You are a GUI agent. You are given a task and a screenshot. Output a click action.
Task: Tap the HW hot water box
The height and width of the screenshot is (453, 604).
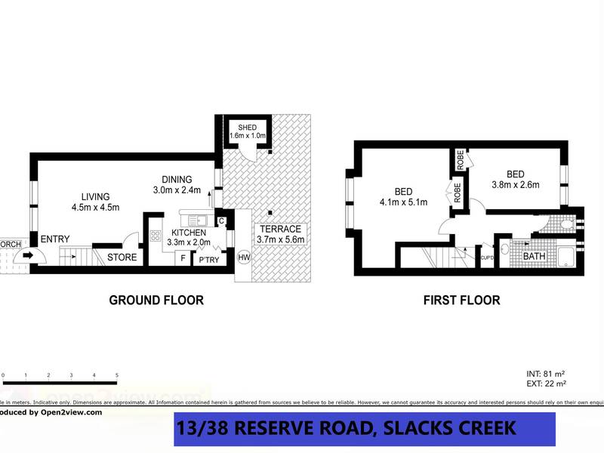[244, 258]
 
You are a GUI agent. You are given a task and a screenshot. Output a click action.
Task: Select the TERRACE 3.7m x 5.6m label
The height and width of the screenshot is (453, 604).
[280, 234]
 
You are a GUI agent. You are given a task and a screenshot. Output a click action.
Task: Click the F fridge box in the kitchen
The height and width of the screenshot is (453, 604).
[181, 258]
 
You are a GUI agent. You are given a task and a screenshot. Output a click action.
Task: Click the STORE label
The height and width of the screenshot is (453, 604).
[122, 257]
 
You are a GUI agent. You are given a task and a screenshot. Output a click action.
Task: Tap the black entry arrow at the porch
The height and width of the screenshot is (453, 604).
[28, 255]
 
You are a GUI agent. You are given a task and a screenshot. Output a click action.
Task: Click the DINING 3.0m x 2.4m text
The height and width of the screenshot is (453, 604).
[177, 184]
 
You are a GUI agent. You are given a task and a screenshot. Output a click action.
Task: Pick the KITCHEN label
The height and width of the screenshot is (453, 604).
[189, 233]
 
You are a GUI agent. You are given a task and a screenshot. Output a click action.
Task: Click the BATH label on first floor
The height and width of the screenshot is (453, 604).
[534, 257]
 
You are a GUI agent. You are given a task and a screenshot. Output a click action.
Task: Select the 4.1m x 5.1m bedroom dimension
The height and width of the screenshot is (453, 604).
[404, 202]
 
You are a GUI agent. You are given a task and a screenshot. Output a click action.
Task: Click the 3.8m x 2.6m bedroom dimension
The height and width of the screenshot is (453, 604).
[516, 183]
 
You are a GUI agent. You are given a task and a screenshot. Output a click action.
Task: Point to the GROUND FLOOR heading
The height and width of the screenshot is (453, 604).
[156, 300]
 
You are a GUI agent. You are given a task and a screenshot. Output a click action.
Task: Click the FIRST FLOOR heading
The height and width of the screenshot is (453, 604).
[461, 300]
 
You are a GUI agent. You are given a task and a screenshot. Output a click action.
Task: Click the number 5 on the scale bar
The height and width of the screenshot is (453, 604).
[116, 374]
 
